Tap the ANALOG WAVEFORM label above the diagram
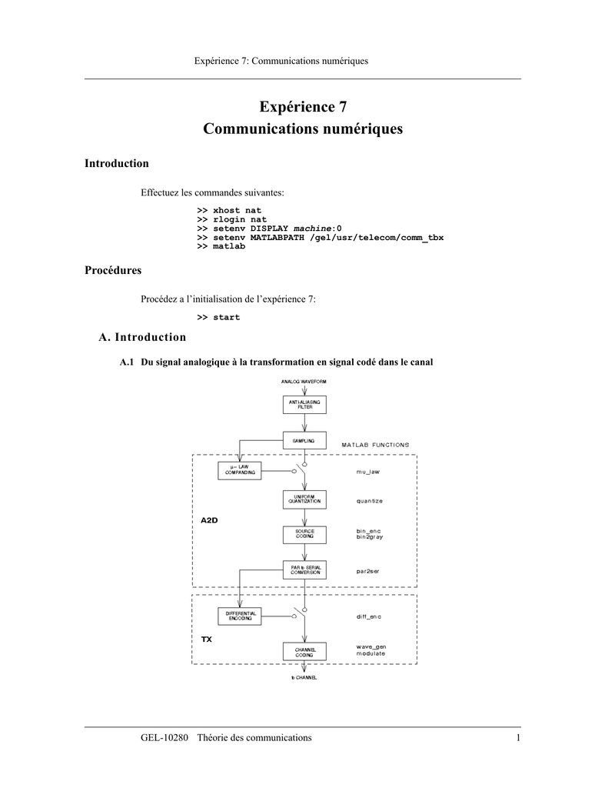pyautogui.click(x=304, y=382)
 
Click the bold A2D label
pyautogui.click(x=209, y=520)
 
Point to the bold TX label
pyautogui.click(x=206, y=639)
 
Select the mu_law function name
pyautogui.click(x=368, y=472)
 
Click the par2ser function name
pyautogui.click(x=367, y=572)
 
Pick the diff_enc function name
pyautogui.click(x=369, y=616)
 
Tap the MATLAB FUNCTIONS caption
pyautogui.click(x=376, y=445)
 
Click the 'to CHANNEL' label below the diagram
pyautogui.click(x=304, y=677)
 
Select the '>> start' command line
pyautogui.click(x=218, y=317)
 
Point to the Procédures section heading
pyautogui.click(x=113, y=270)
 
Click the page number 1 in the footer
pyautogui.click(x=518, y=738)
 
